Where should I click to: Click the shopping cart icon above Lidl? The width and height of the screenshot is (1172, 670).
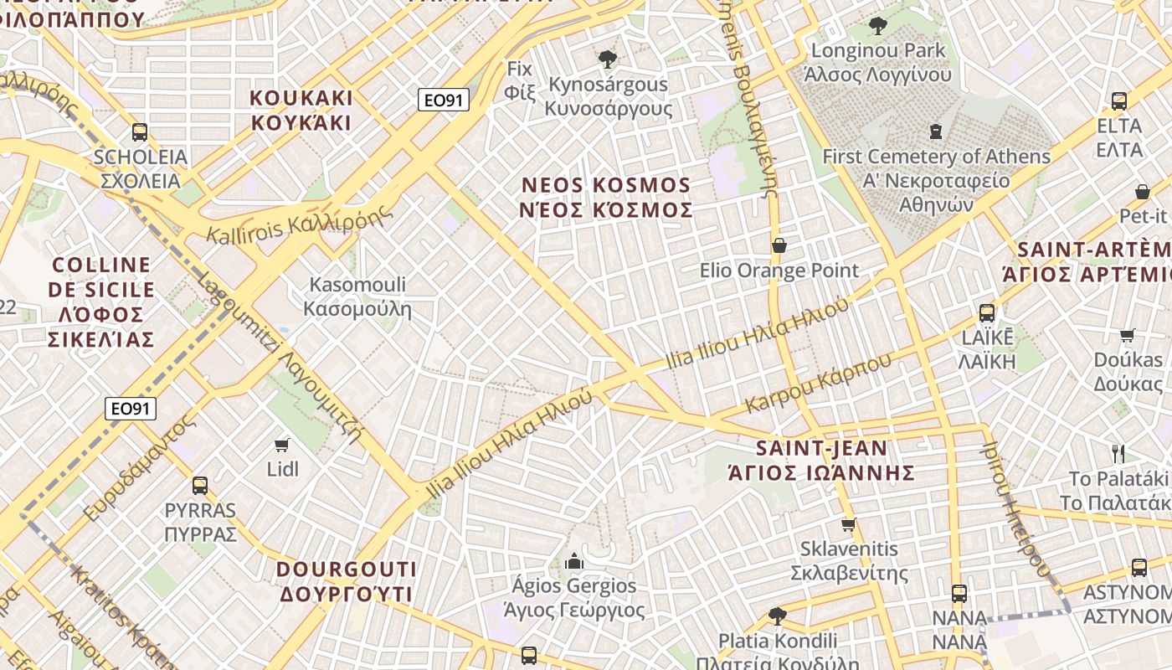pyautogui.click(x=282, y=445)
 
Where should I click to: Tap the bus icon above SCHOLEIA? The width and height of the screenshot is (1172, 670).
pyautogui.click(x=140, y=132)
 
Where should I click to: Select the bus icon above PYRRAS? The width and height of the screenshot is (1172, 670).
pyautogui.click(x=200, y=485)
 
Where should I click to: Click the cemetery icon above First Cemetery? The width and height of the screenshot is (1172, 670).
pyautogui.click(x=936, y=131)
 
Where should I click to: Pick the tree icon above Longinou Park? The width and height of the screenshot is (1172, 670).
pyautogui.click(x=877, y=26)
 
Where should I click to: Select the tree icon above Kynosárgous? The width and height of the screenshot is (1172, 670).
pyautogui.click(x=608, y=59)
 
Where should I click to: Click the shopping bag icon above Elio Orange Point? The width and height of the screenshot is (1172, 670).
pyautogui.click(x=779, y=245)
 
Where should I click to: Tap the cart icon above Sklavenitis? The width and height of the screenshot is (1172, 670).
pyautogui.click(x=849, y=525)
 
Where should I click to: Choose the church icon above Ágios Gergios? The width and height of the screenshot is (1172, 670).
pyautogui.click(x=574, y=561)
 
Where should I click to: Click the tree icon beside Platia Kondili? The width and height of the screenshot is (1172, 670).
pyautogui.click(x=778, y=616)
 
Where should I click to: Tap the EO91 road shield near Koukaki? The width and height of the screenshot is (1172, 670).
pyautogui.click(x=443, y=100)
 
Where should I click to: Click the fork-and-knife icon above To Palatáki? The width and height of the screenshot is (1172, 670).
pyautogui.click(x=1118, y=454)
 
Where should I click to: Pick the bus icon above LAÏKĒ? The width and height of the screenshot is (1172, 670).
pyautogui.click(x=987, y=313)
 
